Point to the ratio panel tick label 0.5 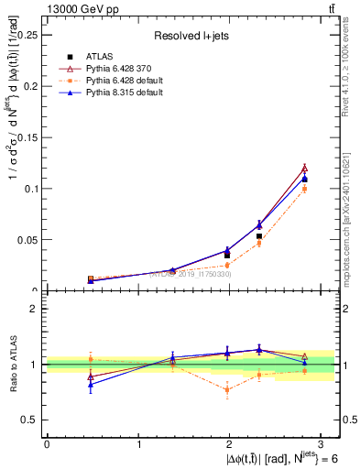click(x=30, y=420)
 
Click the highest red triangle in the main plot click(x=304, y=168)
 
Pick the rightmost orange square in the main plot click(x=304, y=189)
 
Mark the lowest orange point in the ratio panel click(x=227, y=390)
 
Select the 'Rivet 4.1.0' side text click(x=351, y=73)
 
